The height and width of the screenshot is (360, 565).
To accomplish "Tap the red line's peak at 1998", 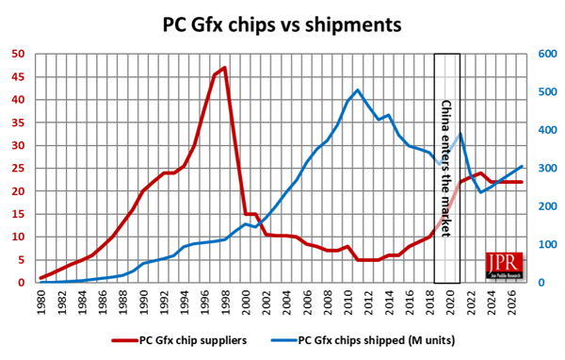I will (224, 68).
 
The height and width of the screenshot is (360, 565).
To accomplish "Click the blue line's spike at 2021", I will (460, 134).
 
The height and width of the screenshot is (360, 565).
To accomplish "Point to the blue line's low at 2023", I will (480, 192).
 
